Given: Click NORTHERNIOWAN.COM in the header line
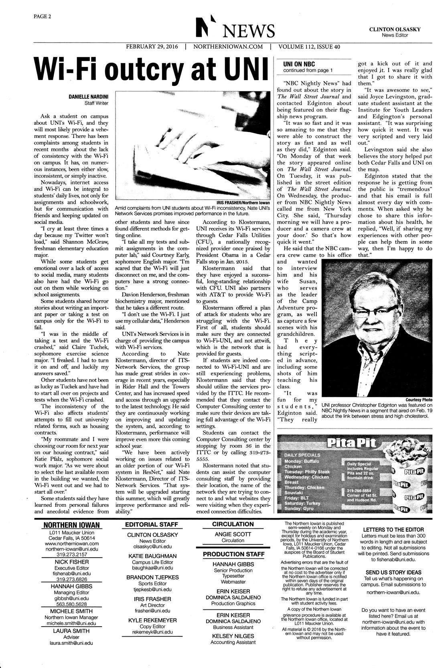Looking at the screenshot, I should tap(228, 47).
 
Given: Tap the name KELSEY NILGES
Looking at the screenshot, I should tap(233, 636).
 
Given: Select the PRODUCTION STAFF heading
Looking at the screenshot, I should tap(233, 554).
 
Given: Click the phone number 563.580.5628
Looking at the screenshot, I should tap(72, 604).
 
